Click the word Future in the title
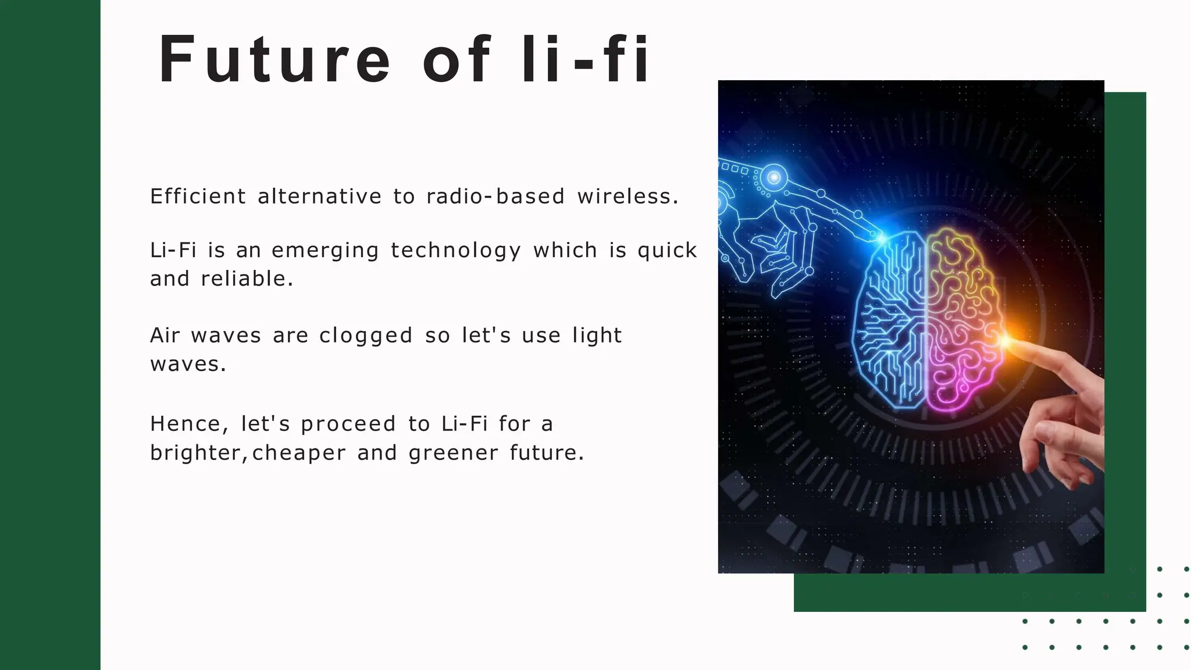point(274,59)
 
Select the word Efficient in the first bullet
point(198,197)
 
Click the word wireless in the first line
point(627,197)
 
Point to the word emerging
point(325,251)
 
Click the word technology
point(455,251)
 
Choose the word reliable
point(247,279)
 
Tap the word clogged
point(366,336)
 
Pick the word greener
point(454,453)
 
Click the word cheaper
point(299,453)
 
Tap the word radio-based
point(495,197)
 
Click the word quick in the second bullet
point(667,251)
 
